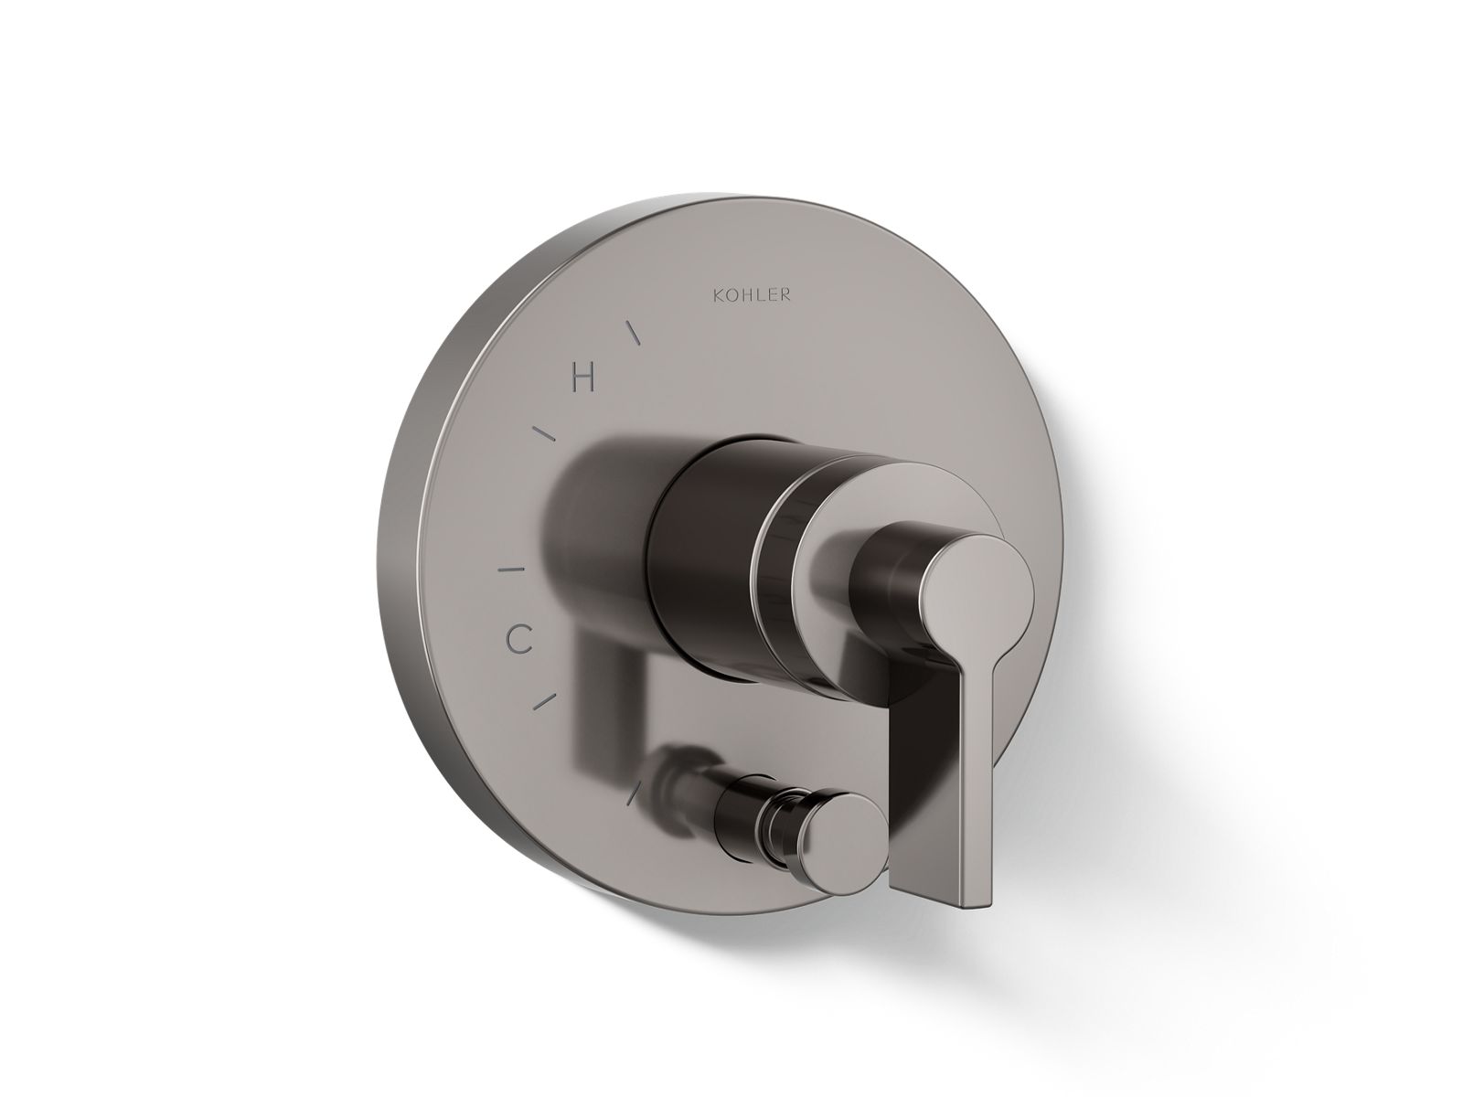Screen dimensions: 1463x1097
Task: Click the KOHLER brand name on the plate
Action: point(752,295)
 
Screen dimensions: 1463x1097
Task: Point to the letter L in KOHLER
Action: point(762,295)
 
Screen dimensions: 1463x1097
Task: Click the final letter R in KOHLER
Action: point(785,295)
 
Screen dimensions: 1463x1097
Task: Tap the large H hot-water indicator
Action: point(584,378)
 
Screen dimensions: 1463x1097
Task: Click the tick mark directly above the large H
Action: point(633,333)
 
